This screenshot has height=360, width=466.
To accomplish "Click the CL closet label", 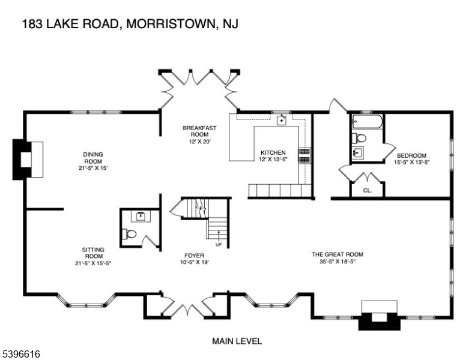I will click(367, 191).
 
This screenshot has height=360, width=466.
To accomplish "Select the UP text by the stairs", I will click(219, 245).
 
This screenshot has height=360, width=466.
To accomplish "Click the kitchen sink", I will click(280, 120).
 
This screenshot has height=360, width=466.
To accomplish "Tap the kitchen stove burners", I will click(304, 156).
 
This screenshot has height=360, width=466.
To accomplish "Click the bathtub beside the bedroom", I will click(366, 122).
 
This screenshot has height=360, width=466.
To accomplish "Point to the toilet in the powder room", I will click(130, 234).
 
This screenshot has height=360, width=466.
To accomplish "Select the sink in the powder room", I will click(140, 215).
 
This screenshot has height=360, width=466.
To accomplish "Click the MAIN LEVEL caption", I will click(237, 341).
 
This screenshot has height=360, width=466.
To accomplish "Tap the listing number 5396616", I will click(22, 355).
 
